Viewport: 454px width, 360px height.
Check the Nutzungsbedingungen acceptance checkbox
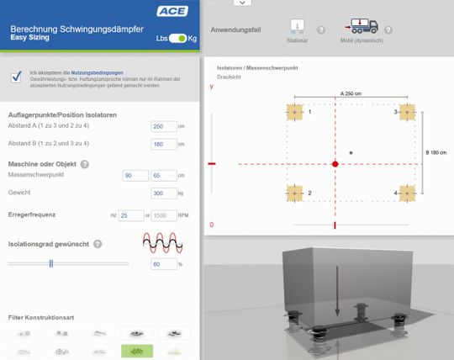(x=16, y=77)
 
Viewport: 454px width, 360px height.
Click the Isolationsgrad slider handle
(x=51, y=263)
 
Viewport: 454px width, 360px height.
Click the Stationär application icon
(x=297, y=27)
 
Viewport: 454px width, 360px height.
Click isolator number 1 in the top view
(x=294, y=112)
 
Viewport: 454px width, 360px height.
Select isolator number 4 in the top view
(x=407, y=193)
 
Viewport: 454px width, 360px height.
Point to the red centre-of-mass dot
(x=335, y=163)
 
